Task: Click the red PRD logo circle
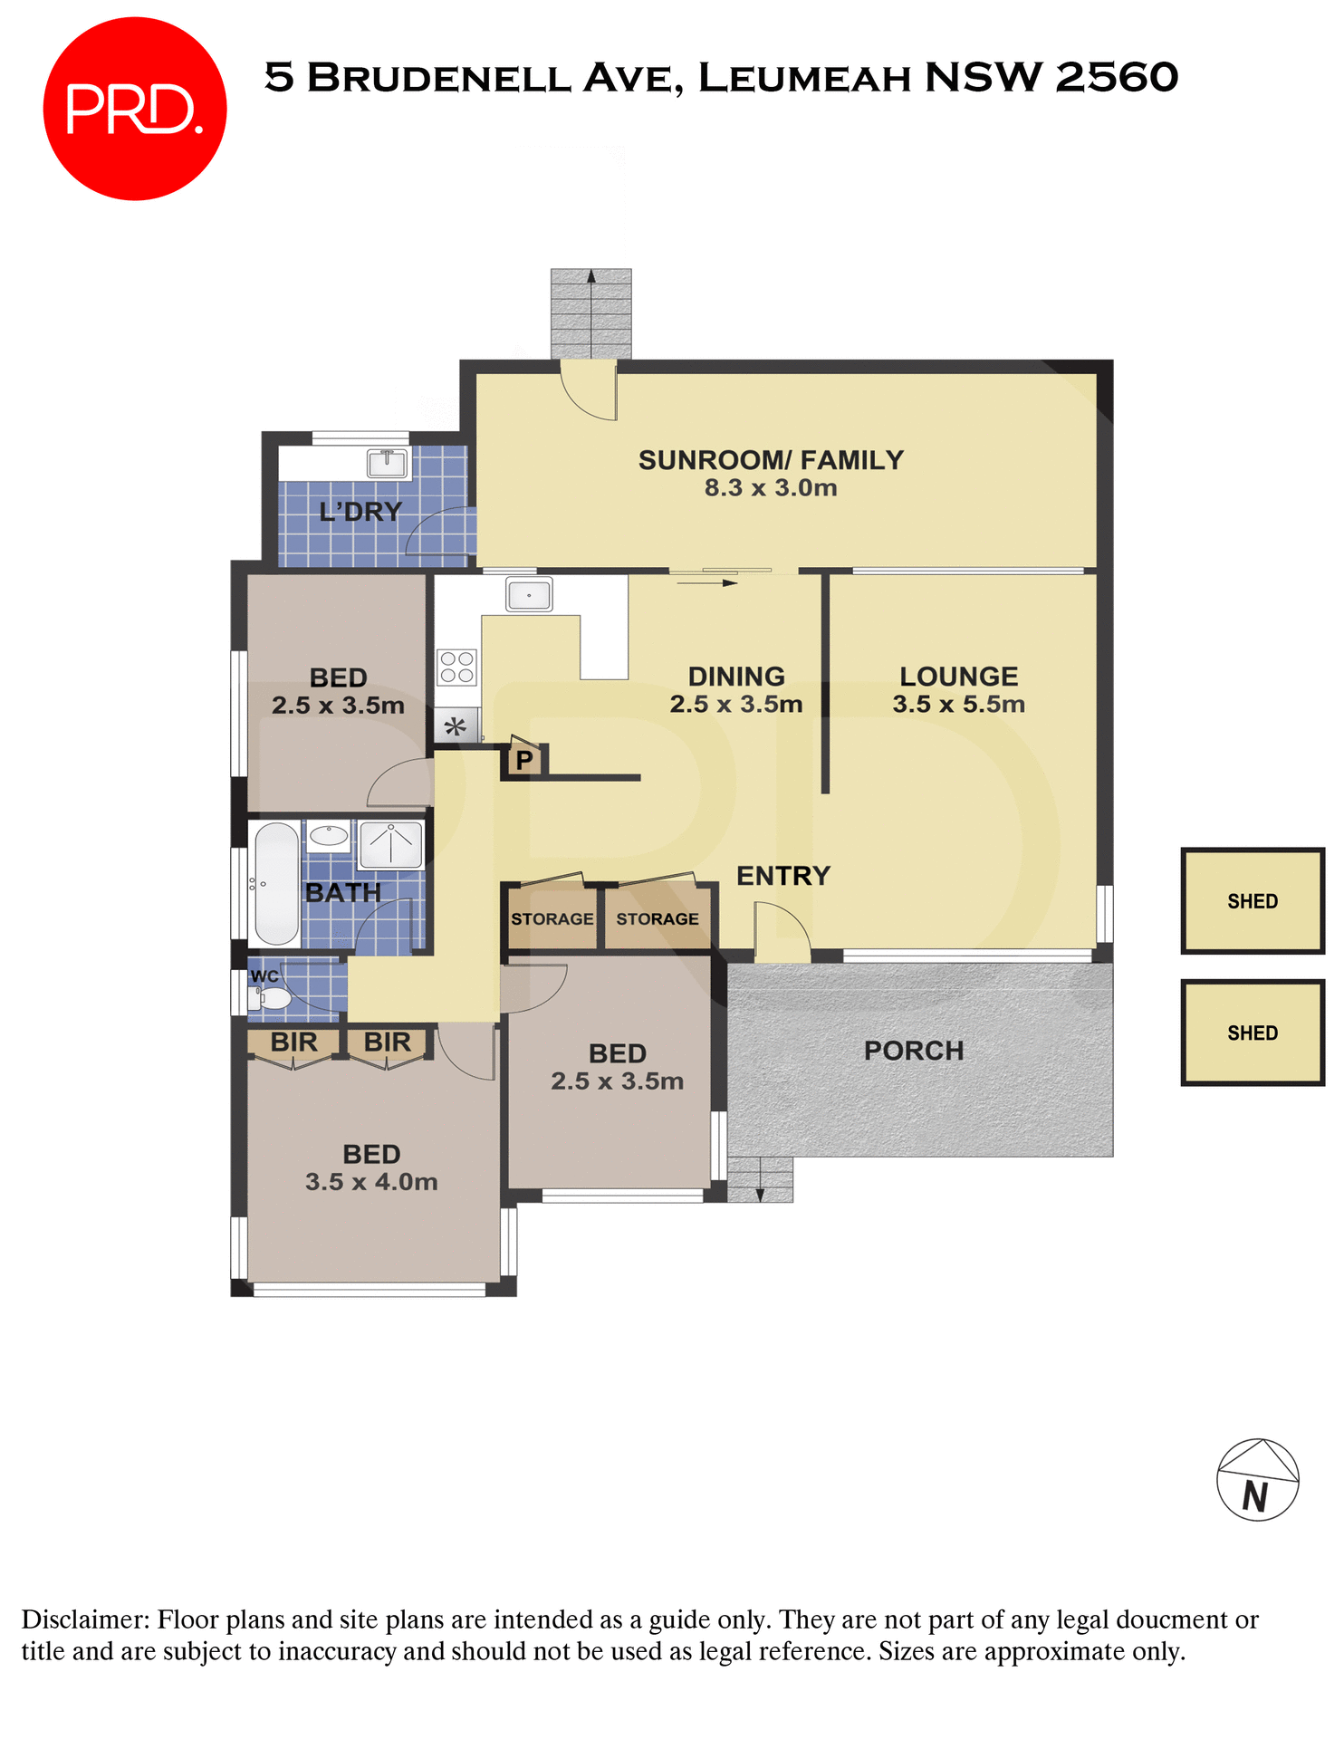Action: (x=134, y=109)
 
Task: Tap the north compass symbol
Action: (x=1257, y=1479)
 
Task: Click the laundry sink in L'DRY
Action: (x=388, y=463)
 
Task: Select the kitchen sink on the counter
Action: (x=529, y=595)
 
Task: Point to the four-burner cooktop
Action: (x=457, y=668)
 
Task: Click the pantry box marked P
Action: (x=524, y=759)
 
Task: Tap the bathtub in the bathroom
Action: (x=276, y=883)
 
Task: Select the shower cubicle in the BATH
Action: (x=391, y=844)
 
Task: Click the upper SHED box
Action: (x=1253, y=901)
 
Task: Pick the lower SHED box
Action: (x=1253, y=1033)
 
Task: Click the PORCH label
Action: (x=913, y=1051)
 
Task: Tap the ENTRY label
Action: (x=782, y=876)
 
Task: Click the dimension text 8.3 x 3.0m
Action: (x=771, y=488)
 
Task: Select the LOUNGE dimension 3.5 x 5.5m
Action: (x=958, y=705)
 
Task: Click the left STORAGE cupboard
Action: (x=552, y=918)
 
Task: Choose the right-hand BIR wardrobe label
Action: (x=387, y=1042)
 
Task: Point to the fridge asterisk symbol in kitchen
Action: (x=456, y=726)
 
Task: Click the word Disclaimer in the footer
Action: (x=85, y=1619)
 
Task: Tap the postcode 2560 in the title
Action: (x=1117, y=77)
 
